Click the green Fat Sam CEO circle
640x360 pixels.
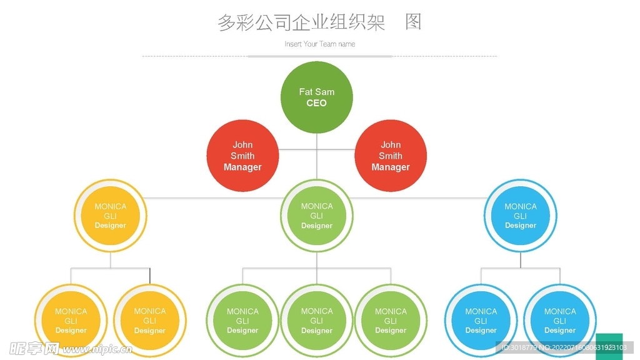316,97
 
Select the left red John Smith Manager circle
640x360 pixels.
242,156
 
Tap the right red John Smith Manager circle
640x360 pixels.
391,156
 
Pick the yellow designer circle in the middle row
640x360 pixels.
110,216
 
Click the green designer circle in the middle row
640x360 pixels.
317,216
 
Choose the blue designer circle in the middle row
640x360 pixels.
521,216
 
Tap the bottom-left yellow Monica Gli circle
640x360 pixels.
71,321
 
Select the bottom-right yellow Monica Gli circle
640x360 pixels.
150,321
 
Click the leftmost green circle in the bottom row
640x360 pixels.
242,321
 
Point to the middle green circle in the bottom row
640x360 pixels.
317,321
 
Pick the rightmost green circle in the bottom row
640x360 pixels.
391,321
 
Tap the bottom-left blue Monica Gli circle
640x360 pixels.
481,321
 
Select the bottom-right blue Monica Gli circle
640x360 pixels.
560,321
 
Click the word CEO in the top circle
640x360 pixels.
316,103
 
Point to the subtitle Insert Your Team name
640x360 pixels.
319,44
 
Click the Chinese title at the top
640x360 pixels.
319,22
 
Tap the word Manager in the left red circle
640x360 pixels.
242,167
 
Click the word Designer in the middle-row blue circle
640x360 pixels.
521,226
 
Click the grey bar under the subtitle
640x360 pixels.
319,56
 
